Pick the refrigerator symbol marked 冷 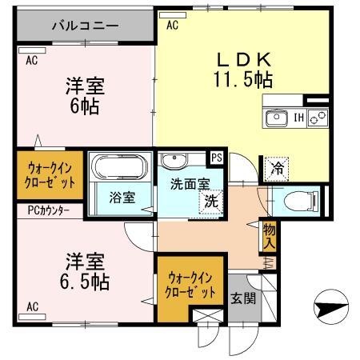tap(277, 168)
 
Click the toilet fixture tap(301, 198)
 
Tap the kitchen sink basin tap(277, 119)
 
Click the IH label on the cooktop tap(298, 119)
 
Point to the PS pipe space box tap(216, 157)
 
